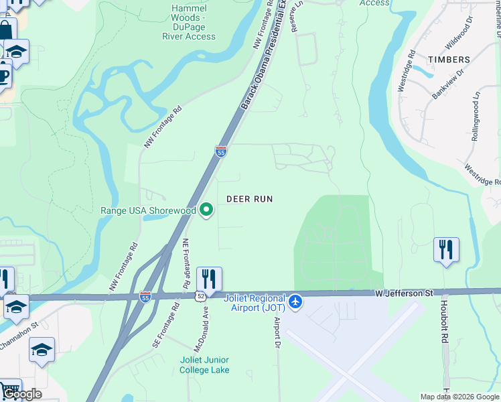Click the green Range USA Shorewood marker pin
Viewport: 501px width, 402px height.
coord(207,210)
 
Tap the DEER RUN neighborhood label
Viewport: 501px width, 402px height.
coord(250,199)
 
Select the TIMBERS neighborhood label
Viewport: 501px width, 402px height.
coord(449,60)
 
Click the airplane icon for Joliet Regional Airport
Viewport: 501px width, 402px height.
coord(295,303)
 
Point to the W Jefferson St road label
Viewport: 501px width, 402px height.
coord(404,293)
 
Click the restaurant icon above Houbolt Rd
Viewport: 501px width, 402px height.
coord(445,250)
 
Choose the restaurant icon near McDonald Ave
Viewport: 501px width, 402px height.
coord(209,279)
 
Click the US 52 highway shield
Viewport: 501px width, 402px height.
coord(200,295)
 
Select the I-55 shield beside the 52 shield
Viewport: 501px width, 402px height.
coord(145,295)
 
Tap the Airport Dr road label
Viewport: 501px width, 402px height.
coord(276,332)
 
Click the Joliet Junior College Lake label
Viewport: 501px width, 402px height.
coord(204,364)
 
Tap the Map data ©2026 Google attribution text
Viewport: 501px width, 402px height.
coord(459,397)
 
